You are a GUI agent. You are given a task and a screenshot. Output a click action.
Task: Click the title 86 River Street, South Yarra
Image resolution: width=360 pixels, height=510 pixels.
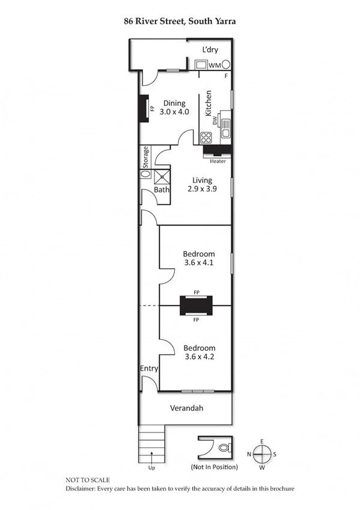(x=180, y=21)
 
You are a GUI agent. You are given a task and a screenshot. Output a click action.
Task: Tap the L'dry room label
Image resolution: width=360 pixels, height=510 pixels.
(x=210, y=50)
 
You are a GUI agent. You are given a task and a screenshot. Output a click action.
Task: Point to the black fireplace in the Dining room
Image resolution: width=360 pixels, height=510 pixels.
(x=144, y=109)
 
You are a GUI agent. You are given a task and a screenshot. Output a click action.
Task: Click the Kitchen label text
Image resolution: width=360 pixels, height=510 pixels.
(x=209, y=103)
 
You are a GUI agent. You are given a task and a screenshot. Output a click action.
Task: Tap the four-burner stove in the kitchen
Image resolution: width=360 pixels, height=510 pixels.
(x=206, y=137)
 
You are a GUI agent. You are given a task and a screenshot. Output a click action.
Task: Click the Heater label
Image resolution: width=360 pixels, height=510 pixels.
(x=218, y=161)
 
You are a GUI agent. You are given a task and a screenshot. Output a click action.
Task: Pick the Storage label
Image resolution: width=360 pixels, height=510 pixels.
(x=145, y=158)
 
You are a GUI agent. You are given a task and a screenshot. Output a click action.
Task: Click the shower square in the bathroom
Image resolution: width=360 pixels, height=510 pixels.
(x=162, y=176)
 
